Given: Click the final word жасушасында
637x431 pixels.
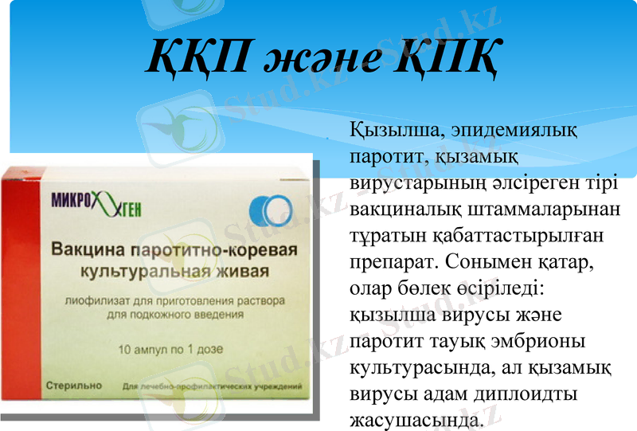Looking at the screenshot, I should (416, 419).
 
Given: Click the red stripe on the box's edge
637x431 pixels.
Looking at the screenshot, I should (18, 287).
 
